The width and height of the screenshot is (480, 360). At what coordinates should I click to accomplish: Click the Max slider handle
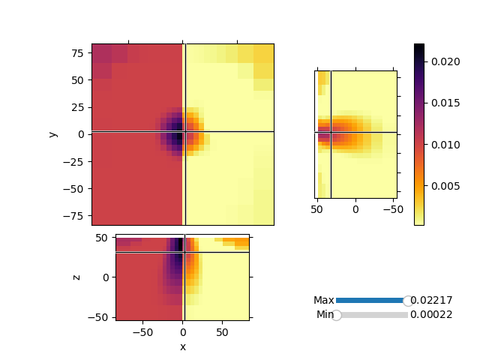click(x=408, y=301)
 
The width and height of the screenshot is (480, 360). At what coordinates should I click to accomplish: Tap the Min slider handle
click(x=337, y=315)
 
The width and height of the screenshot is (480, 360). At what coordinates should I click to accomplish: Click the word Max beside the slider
click(x=324, y=301)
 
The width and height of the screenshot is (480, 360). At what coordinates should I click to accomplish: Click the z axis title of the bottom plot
click(x=76, y=277)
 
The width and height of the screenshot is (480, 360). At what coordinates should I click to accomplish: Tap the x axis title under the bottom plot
click(x=182, y=346)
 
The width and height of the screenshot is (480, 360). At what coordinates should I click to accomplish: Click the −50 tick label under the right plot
click(x=391, y=208)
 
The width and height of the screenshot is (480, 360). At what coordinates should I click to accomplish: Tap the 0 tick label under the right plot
click(x=356, y=208)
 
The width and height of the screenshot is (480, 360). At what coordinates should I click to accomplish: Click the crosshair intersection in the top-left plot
click(x=184, y=132)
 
